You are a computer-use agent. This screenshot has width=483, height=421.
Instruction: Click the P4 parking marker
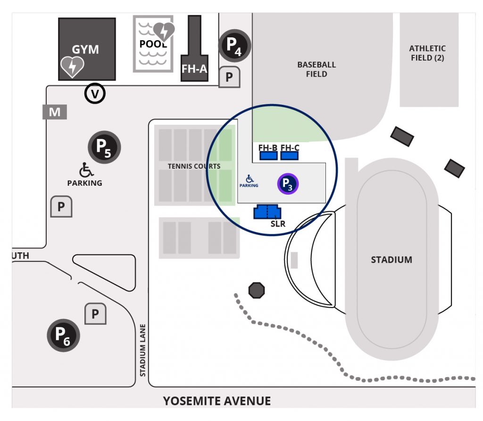(x=234, y=45)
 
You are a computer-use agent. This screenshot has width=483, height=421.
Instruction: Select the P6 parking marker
(x=63, y=335)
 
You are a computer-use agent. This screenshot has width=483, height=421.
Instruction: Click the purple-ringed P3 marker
(x=288, y=184)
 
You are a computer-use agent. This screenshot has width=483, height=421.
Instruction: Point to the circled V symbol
(x=95, y=94)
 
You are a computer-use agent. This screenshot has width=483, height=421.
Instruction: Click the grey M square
(x=55, y=112)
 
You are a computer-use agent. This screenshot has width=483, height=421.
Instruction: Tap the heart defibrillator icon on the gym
(x=72, y=67)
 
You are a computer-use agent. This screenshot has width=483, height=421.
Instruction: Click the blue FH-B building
(x=268, y=155)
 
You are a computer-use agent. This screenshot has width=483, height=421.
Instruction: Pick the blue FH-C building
(x=290, y=155)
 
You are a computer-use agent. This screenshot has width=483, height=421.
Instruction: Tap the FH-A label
(x=194, y=69)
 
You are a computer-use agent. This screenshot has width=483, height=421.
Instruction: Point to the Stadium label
(x=391, y=260)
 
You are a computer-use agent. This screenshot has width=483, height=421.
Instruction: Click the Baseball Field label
(x=316, y=69)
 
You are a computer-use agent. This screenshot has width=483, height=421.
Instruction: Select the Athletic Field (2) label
(x=427, y=53)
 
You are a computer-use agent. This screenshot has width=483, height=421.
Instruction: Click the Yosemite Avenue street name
(x=217, y=401)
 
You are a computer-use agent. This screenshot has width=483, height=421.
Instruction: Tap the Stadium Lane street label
(x=142, y=350)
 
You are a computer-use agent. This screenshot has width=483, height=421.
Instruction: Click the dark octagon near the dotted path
(x=257, y=290)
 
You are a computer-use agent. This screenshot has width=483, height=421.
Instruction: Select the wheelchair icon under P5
(x=85, y=169)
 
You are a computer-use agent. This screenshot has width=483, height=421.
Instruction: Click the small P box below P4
(x=229, y=77)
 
